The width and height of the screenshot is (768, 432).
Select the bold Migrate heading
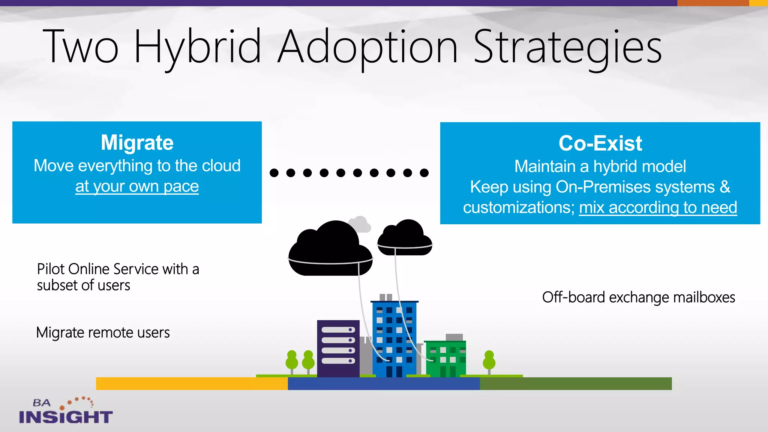click(137, 142)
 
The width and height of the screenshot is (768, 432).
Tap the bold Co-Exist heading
click(600, 143)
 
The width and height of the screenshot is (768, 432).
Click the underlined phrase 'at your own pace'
click(137, 186)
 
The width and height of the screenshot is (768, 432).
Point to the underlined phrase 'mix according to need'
click(658, 207)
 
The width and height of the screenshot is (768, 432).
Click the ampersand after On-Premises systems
click(725, 187)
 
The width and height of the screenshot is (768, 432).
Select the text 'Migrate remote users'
click(103, 333)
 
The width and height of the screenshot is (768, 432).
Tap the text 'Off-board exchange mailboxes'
click(638, 297)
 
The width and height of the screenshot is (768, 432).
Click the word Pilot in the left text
click(51, 269)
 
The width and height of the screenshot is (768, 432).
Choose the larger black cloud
click(330, 249)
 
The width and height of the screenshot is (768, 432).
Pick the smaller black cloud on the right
click(405, 238)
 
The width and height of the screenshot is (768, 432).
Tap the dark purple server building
click(338, 348)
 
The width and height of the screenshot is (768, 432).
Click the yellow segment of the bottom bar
click(192, 384)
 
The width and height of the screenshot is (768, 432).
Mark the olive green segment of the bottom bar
click(576, 384)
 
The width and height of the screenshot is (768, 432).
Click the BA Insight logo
click(66, 411)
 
